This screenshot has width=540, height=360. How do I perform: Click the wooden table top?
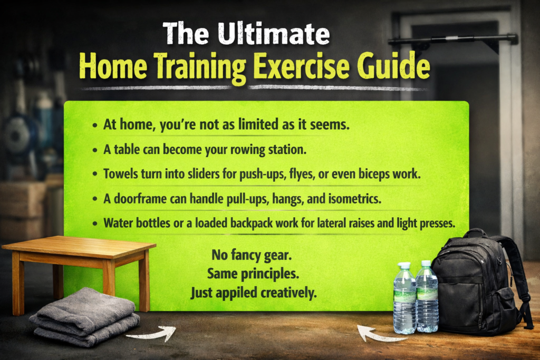(79, 246)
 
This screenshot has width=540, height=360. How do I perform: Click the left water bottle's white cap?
(404, 266)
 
